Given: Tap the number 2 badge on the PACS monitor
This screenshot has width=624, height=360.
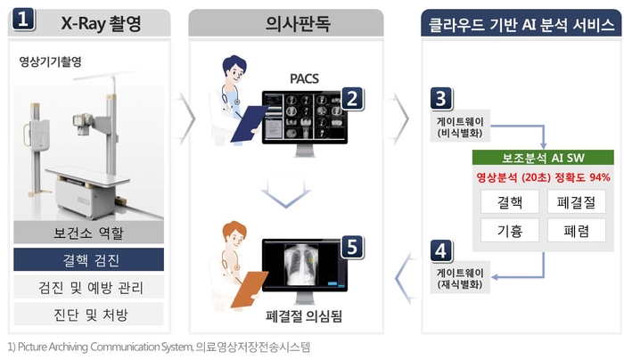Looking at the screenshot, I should pyautogui.click(x=352, y=97).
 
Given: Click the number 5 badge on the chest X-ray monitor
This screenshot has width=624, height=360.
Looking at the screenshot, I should pyautogui.click(x=352, y=246).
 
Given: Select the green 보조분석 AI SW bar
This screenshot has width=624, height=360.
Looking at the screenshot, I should pyautogui.click(x=542, y=158).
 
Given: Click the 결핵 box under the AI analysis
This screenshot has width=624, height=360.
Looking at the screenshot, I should pyautogui.click(x=508, y=201).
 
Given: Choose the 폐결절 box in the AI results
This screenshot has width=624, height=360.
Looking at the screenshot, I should pyautogui.click(x=576, y=201).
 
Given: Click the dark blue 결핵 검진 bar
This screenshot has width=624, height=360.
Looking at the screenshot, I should pyautogui.click(x=88, y=260).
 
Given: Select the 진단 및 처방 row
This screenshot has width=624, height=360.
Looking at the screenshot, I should pyautogui.click(x=88, y=313).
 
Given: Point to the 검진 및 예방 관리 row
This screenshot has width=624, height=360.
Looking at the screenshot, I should pyautogui.click(x=88, y=287).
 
